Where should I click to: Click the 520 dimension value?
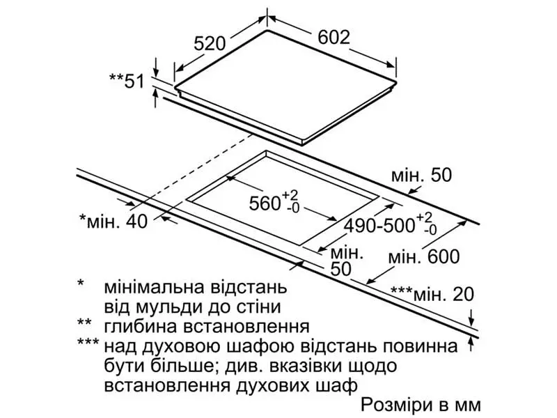point(210,44)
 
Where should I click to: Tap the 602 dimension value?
point(334,37)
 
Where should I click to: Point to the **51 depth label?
point(127,82)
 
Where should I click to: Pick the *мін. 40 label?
point(113,222)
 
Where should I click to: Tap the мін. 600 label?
point(424,256)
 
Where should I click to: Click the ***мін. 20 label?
point(432,294)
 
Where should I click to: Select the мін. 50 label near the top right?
point(421,176)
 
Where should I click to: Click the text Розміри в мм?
point(421,405)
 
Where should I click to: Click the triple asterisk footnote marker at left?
point(88,342)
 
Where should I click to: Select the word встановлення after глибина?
point(246,326)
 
